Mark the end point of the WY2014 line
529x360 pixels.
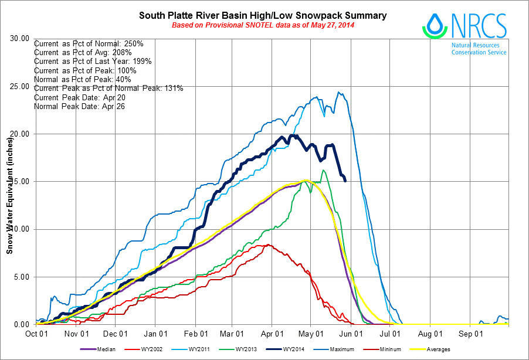click(x=345, y=181)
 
